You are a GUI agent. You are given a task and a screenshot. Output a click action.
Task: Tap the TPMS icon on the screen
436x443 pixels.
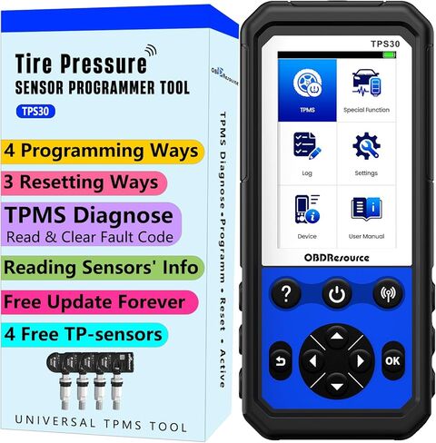(x=305, y=84)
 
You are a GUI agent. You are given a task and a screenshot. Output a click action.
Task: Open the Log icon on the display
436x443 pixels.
(x=305, y=144)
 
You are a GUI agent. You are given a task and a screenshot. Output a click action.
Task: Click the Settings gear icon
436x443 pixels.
(x=367, y=144)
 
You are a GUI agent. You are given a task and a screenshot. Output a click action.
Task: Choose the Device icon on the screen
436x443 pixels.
(x=305, y=209)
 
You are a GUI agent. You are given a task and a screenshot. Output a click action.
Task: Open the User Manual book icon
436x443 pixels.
(x=367, y=209)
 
